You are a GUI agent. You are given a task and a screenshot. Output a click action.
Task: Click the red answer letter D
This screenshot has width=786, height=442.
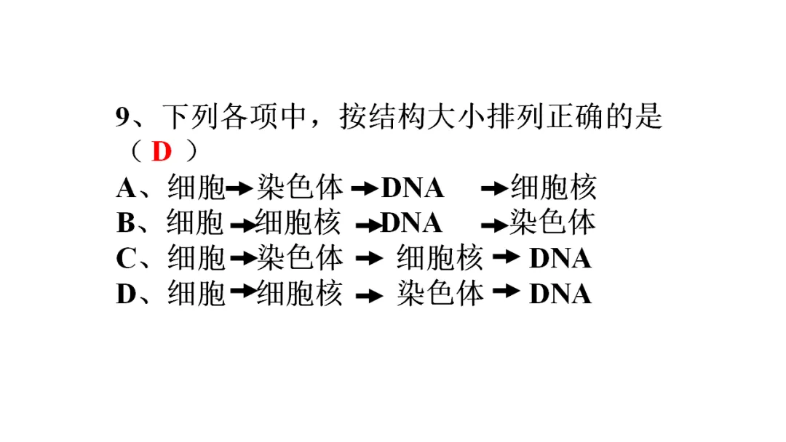[x=162, y=152]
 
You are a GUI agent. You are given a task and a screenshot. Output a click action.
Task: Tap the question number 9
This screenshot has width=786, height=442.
[x=122, y=117]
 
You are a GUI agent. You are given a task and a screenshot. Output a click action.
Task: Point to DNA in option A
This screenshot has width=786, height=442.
[x=413, y=188]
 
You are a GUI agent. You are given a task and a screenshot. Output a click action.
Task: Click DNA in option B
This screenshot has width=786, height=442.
[x=412, y=223]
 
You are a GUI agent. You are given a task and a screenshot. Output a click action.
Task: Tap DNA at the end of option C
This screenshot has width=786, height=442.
[x=560, y=258]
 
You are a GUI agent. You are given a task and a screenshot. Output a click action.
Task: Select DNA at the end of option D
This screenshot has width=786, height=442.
[x=560, y=294]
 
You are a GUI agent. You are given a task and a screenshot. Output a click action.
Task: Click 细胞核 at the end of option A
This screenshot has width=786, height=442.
[x=553, y=188]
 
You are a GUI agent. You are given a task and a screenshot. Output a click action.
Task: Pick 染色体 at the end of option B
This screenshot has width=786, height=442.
[x=552, y=223]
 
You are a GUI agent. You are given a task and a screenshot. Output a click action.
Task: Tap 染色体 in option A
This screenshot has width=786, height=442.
[x=299, y=188]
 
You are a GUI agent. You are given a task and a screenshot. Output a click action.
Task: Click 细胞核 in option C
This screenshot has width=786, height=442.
[x=440, y=258]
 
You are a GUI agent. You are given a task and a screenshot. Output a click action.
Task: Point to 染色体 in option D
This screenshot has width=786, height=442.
[x=440, y=294]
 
